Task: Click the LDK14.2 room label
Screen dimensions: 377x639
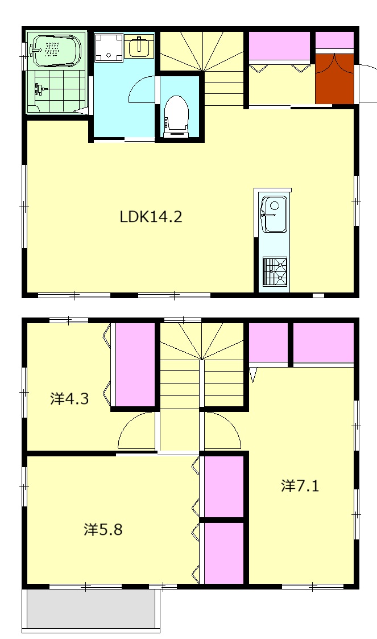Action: (151, 216)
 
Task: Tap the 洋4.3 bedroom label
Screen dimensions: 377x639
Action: (69, 398)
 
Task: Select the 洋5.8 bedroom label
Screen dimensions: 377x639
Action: (103, 529)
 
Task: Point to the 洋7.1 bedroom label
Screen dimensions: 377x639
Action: (300, 485)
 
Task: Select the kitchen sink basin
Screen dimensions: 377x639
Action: (274, 214)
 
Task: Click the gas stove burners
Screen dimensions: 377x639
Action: (275, 271)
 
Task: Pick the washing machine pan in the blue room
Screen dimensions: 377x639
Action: (109, 47)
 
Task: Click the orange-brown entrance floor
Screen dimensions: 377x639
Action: (334, 79)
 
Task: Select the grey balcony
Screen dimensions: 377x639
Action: (91, 609)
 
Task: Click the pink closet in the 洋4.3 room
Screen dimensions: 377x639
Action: (135, 365)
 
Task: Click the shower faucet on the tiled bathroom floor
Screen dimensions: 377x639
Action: (40, 89)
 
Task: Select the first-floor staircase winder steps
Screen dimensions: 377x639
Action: (202, 51)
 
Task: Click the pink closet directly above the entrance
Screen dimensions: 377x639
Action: (334, 40)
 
